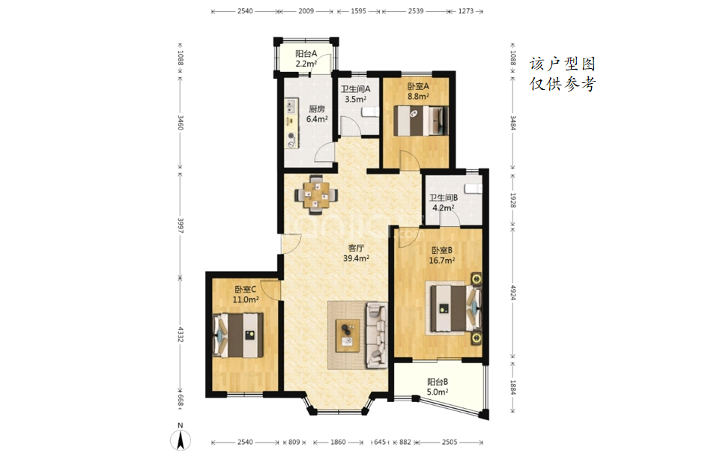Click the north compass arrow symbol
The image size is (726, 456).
pyautogui.click(x=181, y=440)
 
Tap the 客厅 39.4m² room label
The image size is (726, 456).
pyautogui.click(x=356, y=253)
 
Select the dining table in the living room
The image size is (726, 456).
pyautogui.click(x=316, y=195)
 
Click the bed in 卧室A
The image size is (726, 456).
pyautogui.click(x=421, y=121)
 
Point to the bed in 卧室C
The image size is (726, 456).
pyautogui.click(x=238, y=335)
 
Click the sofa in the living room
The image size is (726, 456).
pyautogui.click(x=376, y=335)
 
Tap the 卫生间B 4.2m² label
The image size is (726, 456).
pyautogui.click(x=443, y=203)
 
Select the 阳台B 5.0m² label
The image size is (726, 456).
pyautogui.click(x=437, y=387)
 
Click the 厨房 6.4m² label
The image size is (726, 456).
pyautogui.click(x=317, y=114)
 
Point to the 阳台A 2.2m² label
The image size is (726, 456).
pyautogui.click(x=306, y=59)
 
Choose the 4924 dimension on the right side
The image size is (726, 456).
pyautogui.click(x=512, y=292)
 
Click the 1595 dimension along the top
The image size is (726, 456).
pyautogui.click(x=358, y=11)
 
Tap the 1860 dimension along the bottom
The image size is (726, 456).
pyautogui.click(x=338, y=442)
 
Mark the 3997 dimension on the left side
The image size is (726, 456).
pyautogui.click(x=180, y=225)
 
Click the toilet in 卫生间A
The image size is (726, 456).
pyautogui.click(x=370, y=112)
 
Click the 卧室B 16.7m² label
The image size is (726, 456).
pyautogui.click(x=442, y=255)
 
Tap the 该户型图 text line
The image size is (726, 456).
pyautogui.click(x=563, y=64)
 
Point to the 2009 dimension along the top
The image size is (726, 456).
pyautogui.click(x=306, y=11)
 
